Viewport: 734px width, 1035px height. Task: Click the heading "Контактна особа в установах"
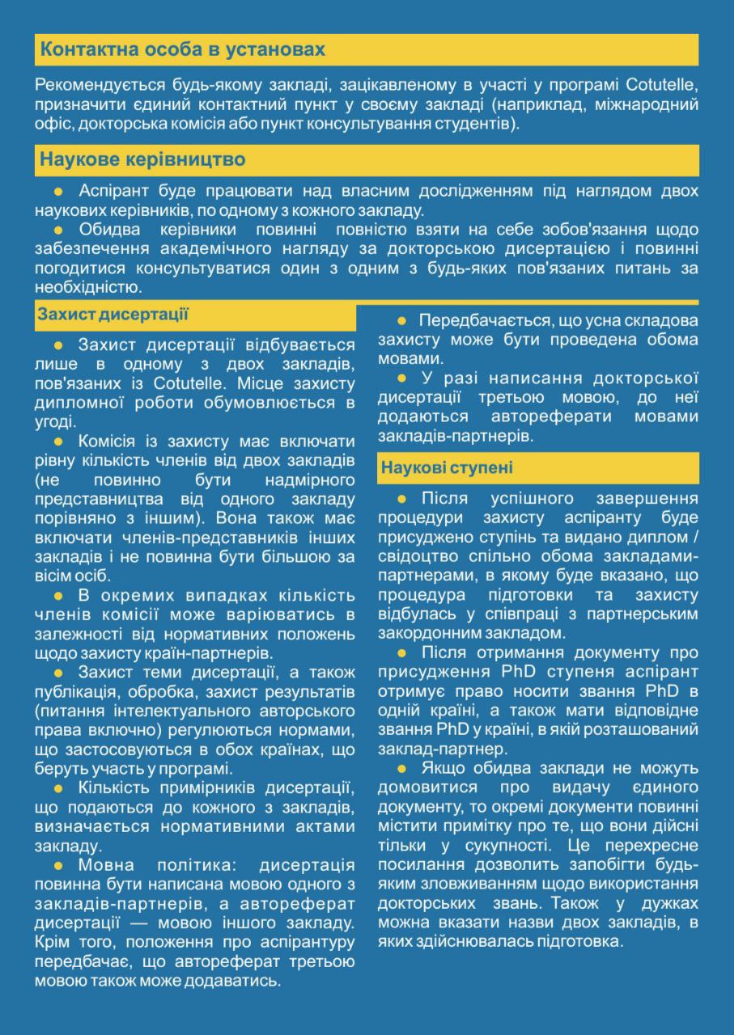click(x=183, y=50)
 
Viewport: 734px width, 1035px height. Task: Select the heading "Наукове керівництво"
click(x=142, y=159)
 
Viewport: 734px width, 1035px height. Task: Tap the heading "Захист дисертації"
click(x=112, y=315)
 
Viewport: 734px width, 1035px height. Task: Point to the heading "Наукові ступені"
click(x=447, y=468)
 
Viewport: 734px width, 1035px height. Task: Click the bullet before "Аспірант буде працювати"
click(x=57, y=192)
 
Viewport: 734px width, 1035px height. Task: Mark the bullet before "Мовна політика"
click(x=57, y=866)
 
